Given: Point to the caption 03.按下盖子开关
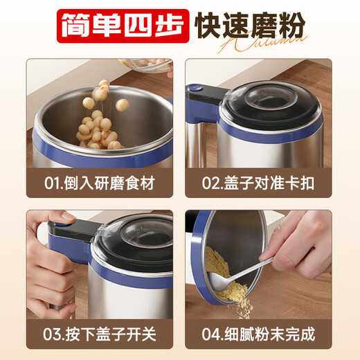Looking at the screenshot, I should coord(99,334).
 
